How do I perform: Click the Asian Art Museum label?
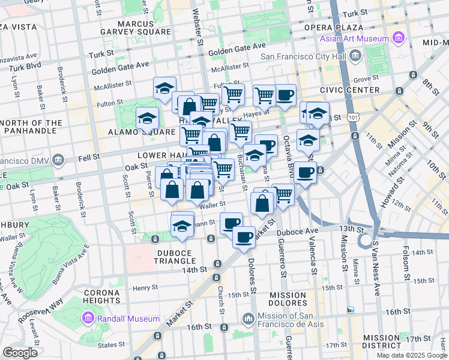(354, 39)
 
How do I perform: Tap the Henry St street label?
(145, 287)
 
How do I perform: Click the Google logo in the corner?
(20, 352)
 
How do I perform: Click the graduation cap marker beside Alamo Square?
(146, 118)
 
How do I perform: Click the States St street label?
(111, 345)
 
